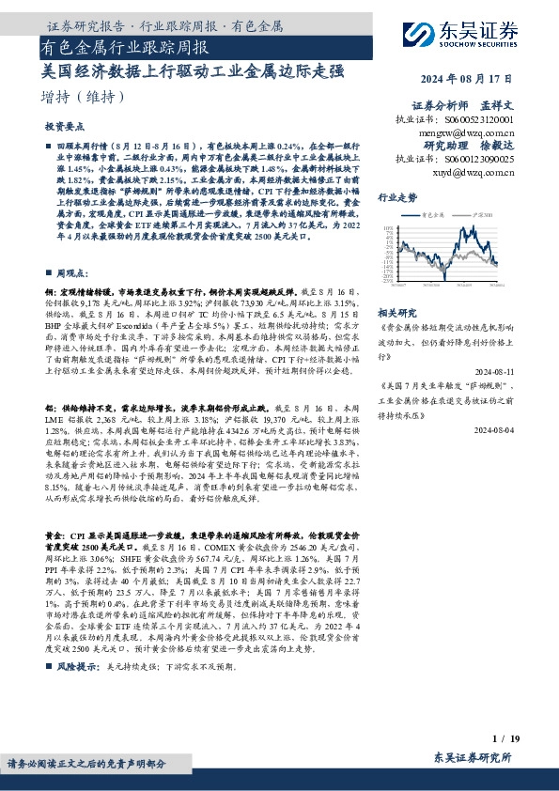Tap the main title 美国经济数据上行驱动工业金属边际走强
coord(194,70)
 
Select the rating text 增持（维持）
coord(84,97)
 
